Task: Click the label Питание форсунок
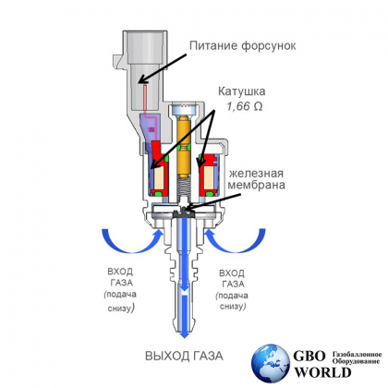coord(243,46)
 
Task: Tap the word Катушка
coord(242,91)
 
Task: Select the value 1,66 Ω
coord(245,106)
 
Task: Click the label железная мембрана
coord(256,179)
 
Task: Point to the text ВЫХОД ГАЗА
coord(184,356)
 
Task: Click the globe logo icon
coord(271,363)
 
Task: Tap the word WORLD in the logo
coord(323,372)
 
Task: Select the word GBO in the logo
coord(309,357)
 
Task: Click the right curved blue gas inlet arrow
coord(237,249)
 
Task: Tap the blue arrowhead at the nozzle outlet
coord(184,333)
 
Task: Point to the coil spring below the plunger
coord(185,188)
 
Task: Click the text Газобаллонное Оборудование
coord(357,358)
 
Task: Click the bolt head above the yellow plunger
coord(185,110)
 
